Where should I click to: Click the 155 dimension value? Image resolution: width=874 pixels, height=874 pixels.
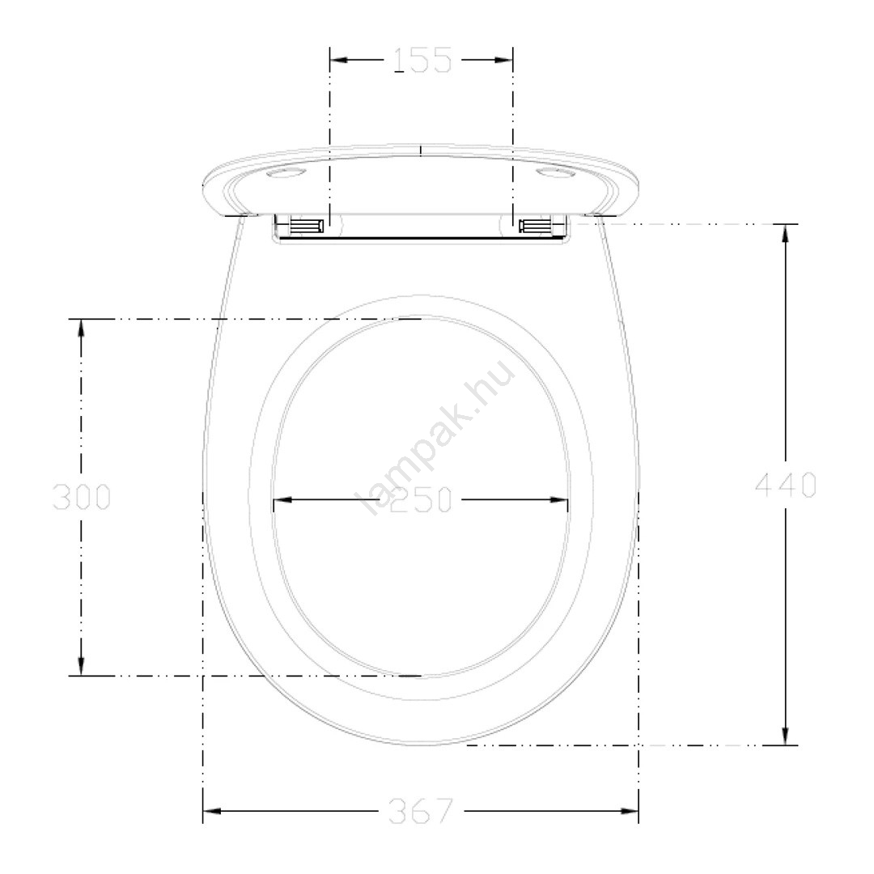pos(422,60)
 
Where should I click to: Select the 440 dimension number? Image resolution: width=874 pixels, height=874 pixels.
pos(786,485)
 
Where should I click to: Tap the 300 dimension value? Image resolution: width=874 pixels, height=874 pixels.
pos(82,497)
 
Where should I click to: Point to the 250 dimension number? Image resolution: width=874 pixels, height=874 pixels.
pos(421,499)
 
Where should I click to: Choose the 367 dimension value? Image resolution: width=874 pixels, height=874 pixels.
pos(422,811)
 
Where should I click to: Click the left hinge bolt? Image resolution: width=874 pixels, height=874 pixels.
pos(307,226)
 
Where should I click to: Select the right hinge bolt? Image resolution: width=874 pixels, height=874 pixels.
pos(535,226)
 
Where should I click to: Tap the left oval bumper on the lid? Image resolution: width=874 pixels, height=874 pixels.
pos(286,173)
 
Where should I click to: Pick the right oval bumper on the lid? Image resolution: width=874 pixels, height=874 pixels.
pos(556,173)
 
